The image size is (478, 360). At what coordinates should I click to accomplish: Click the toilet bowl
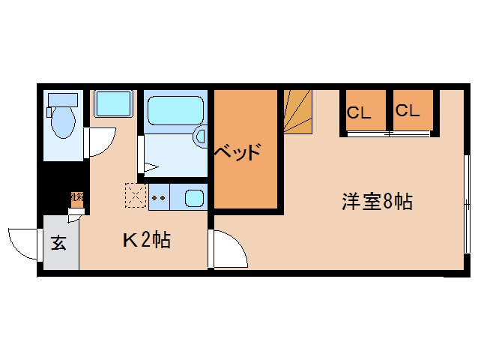62,121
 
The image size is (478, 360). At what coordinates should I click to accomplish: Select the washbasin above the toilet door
113,103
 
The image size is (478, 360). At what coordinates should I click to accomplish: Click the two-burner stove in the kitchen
158,198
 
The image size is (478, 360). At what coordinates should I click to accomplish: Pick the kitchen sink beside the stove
194,199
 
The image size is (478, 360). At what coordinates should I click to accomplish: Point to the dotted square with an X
136,196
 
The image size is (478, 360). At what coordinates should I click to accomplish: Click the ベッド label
238,152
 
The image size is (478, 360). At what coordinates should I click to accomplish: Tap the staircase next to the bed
298,111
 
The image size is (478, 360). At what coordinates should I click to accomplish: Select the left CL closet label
358,113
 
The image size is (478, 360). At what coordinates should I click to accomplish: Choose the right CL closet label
407,111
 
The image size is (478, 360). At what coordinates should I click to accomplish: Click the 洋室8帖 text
378,201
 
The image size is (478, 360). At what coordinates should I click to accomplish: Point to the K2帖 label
147,240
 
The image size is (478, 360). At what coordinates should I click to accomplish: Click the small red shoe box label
76,199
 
